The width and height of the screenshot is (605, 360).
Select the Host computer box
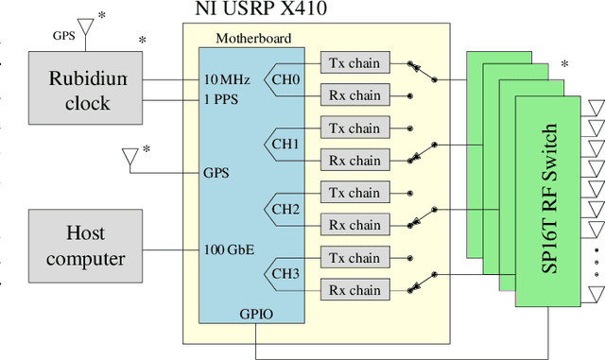(x=85, y=246)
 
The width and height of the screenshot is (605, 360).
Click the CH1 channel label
(x=285, y=145)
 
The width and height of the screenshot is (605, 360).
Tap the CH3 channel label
(x=285, y=274)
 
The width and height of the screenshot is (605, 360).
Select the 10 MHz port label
(x=227, y=80)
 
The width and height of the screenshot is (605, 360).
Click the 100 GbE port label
(x=228, y=250)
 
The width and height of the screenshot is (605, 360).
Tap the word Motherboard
(x=253, y=39)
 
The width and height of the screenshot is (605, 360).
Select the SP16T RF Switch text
(x=550, y=198)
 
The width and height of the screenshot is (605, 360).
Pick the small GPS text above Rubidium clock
(x=64, y=35)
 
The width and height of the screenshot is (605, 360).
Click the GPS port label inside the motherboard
(x=216, y=174)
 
